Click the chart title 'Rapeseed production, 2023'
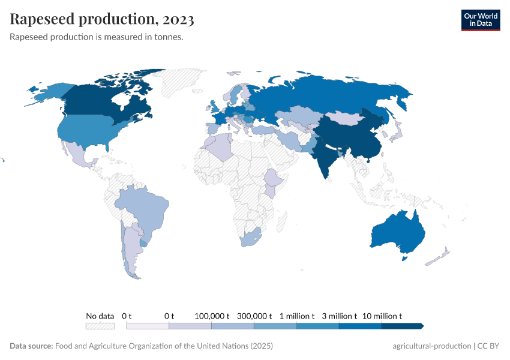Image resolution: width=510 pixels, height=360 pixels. pos(102,20)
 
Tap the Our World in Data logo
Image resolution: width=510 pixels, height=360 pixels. pos(480,20)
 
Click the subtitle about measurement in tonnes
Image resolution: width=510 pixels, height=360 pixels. pos(97,37)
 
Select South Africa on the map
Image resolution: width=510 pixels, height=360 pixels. pos(251,238)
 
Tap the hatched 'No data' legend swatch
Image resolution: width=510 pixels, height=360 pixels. pos(100,326)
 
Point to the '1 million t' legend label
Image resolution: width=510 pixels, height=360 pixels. pos(297,316)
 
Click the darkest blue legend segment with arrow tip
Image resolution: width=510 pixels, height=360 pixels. pos(402,326)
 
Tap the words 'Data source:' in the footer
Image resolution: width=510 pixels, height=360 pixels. pos(31,346)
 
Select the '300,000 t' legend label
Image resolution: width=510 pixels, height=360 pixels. pos(254,316)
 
